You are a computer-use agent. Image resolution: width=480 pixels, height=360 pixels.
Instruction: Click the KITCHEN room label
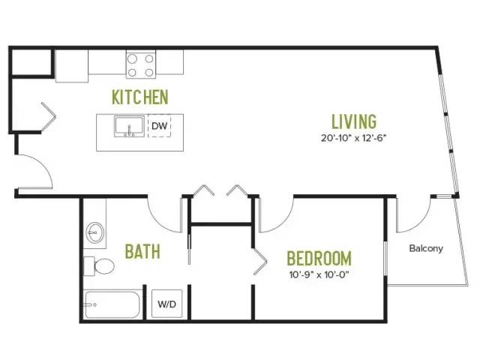[x=140, y=97]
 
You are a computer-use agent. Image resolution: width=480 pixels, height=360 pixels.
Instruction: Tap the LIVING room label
[x=354, y=121]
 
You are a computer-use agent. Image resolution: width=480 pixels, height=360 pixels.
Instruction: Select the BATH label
[x=142, y=251]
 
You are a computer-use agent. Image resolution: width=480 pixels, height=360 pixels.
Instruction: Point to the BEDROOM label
[x=319, y=258]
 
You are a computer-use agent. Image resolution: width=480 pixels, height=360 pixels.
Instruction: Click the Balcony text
[x=426, y=248]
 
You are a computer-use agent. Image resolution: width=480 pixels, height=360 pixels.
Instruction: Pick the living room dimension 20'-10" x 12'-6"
[x=353, y=138]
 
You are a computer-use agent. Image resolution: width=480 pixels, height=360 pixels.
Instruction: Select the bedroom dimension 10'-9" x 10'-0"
[x=319, y=274]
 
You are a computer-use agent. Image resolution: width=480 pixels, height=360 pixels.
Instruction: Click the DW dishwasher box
[x=160, y=126]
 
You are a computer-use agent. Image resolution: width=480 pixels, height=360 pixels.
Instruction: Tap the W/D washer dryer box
[x=166, y=304]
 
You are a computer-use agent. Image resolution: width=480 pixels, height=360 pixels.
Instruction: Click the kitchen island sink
[x=129, y=127]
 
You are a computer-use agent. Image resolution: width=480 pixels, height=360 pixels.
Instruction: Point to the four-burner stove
[x=141, y=65]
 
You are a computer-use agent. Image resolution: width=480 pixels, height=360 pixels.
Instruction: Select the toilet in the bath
[x=99, y=266]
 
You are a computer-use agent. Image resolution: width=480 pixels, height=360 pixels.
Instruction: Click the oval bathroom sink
[x=95, y=232]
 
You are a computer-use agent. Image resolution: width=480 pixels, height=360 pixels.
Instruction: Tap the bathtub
[x=112, y=305]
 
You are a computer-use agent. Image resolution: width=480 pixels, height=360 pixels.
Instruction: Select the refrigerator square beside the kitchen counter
[x=72, y=66]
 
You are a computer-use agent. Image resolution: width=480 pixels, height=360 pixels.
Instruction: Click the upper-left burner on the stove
[x=132, y=58]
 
